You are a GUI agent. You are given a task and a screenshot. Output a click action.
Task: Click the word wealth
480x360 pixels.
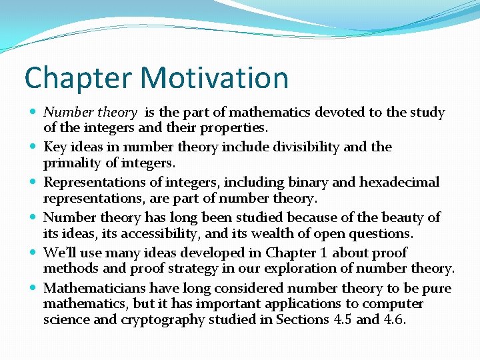coord(269,233)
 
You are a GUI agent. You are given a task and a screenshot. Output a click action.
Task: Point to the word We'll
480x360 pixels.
coord(58,253)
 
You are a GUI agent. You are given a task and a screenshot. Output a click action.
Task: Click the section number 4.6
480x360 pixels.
coord(396,319)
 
